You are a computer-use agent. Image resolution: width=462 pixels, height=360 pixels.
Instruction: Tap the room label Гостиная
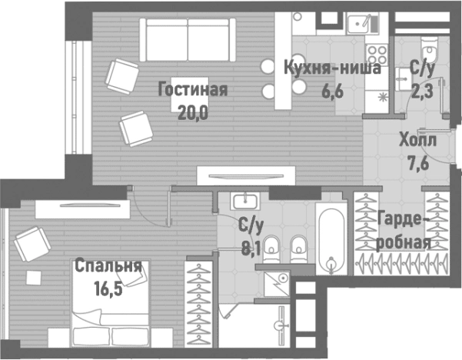192,90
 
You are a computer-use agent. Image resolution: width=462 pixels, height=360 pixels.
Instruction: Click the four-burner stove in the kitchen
376,55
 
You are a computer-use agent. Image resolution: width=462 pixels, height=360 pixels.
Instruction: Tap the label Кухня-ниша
331,67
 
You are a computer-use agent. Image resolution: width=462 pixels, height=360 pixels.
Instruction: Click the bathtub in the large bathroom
331,238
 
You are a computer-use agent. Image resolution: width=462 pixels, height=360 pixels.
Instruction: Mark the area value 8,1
251,248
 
